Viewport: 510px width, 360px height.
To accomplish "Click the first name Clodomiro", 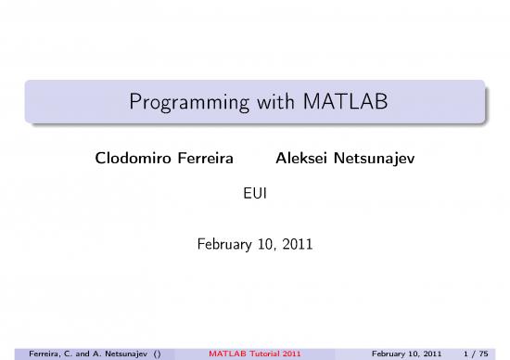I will point(130,160).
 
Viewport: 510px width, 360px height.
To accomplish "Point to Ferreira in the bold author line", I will point(201,160).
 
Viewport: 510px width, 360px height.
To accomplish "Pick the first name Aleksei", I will point(302,160).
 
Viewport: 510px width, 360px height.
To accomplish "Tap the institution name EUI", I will point(255,195).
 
